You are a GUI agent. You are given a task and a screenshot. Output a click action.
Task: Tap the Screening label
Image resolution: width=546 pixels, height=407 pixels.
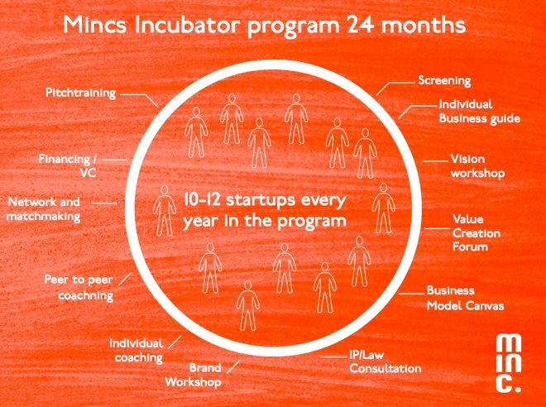point(444,81)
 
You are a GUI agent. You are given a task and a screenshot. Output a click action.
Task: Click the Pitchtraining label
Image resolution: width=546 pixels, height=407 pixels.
point(80,93)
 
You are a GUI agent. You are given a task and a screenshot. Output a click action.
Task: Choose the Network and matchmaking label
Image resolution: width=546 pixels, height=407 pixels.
point(44,209)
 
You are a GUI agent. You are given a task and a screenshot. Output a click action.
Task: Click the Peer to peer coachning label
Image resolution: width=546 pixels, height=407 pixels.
point(79,288)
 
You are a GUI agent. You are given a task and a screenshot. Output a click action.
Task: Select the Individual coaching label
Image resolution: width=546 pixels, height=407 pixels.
point(136,351)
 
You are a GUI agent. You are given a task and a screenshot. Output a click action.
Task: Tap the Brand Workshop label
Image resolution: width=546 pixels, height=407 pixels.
point(194,375)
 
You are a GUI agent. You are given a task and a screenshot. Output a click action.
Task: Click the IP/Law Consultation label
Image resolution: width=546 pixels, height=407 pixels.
point(386,362)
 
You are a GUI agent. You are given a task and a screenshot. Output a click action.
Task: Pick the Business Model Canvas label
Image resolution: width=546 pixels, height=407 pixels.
point(465,299)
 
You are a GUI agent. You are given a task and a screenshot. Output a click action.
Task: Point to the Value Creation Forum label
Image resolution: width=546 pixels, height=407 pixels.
point(477,233)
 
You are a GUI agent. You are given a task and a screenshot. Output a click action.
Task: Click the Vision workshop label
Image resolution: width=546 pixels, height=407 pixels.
point(478,166)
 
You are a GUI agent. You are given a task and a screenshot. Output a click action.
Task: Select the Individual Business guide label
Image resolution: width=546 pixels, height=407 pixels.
point(480,111)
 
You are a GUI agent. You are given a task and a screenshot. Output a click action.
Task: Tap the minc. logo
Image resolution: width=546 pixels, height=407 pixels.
point(509,363)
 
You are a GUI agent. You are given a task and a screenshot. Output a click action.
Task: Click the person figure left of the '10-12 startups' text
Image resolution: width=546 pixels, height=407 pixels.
point(165,210)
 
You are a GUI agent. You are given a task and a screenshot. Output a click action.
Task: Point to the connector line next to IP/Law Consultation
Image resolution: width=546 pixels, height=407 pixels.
point(334,357)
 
